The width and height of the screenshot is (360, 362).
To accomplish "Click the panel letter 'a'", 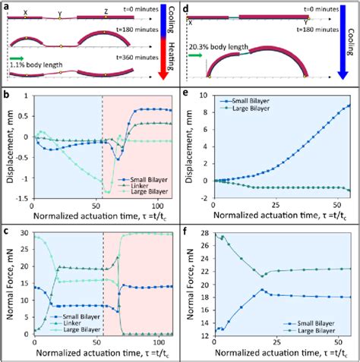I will click(x=5, y=6).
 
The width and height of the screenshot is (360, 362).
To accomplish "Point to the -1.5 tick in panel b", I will click(x=23, y=197).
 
